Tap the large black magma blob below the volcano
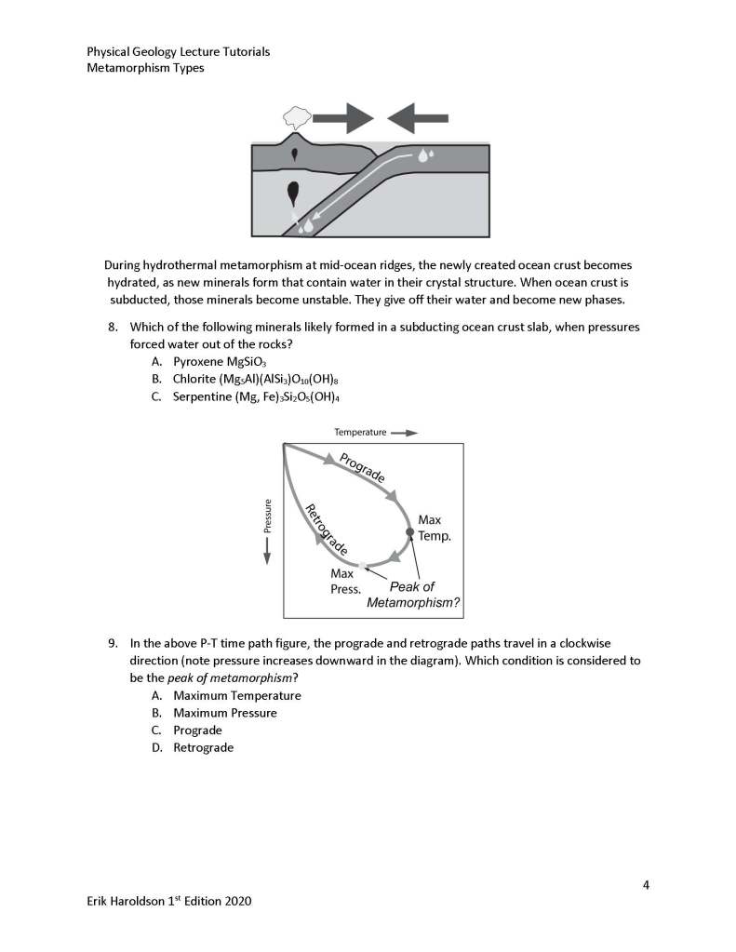(x=294, y=192)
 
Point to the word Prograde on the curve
(x=362, y=466)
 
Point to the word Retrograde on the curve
(x=327, y=529)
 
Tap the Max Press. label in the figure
(x=345, y=582)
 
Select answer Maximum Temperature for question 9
(x=236, y=695)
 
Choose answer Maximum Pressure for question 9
(x=224, y=713)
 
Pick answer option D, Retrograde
(x=203, y=747)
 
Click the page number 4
(x=645, y=884)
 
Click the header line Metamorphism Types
(x=145, y=68)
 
